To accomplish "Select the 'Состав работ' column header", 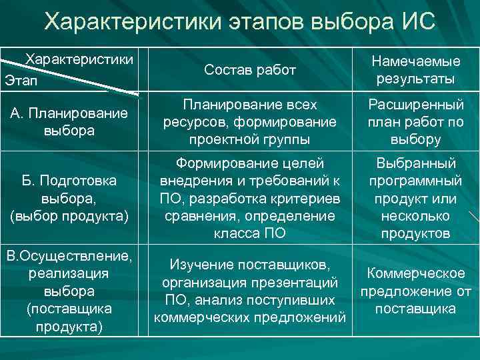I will coord(249,69).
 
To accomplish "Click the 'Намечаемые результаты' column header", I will coord(415,69).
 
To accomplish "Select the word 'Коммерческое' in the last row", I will coord(415,273).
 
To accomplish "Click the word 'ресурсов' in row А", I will coord(191,122).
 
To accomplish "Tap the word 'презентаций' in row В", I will coord(299,282).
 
